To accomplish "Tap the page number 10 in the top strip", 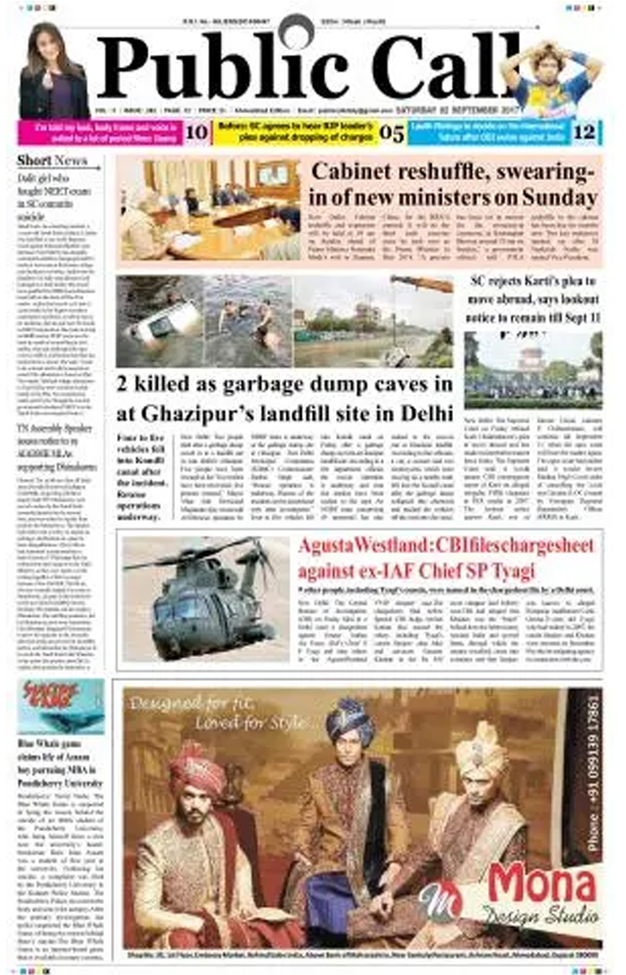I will click(x=197, y=133).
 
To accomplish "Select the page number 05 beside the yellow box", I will click(x=392, y=133).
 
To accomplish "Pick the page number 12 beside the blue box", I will click(x=584, y=133).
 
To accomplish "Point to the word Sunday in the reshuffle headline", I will click(x=560, y=198).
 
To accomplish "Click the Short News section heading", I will click(x=52, y=161).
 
